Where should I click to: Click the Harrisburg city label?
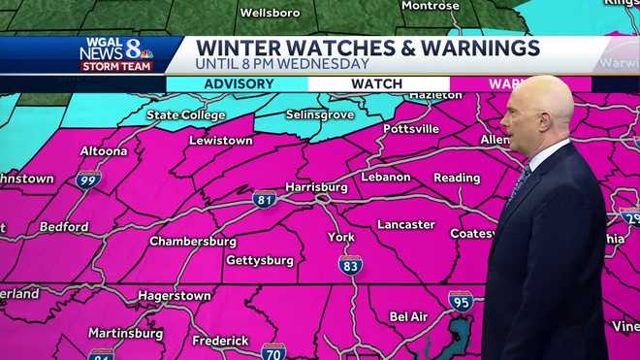point(316,185)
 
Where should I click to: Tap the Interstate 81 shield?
point(265,199)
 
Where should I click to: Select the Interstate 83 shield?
point(350,264)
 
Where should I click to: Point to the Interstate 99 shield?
point(88,179)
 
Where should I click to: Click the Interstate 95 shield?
point(461,302)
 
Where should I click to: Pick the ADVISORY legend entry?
point(239,84)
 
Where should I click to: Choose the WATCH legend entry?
point(376,84)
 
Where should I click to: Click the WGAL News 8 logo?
point(116,53)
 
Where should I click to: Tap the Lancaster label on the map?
point(405,224)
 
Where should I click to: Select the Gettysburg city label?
point(259,260)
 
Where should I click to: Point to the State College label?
point(185,115)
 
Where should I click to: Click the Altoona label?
point(102,151)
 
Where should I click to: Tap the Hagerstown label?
point(175,294)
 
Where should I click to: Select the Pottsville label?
point(411,128)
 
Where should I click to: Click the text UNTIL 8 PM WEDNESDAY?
point(281,64)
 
